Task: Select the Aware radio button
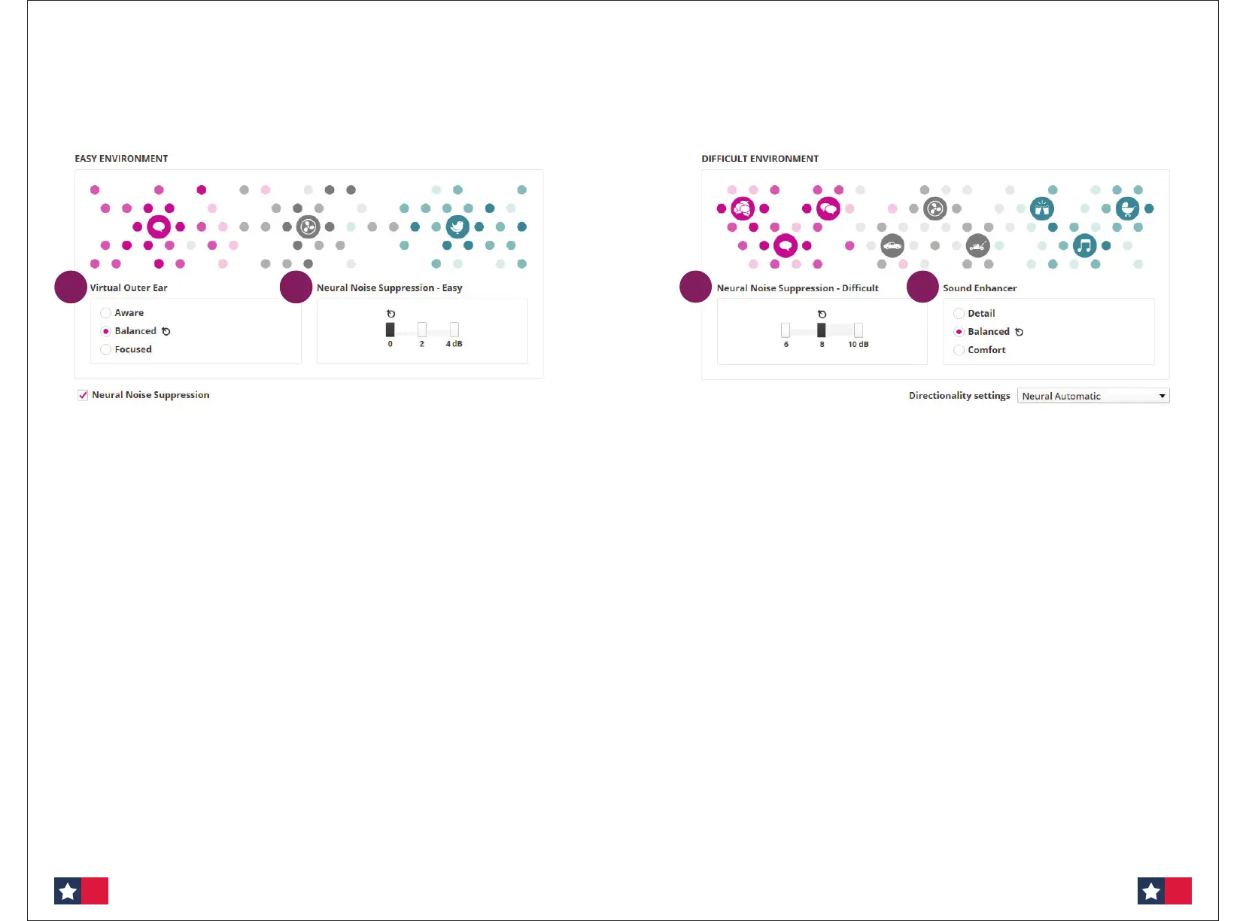click(x=106, y=313)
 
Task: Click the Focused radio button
click(x=106, y=350)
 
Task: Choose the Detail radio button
click(x=959, y=314)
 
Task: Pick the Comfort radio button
click(x=959, y=350)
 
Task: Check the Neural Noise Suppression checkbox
click(x=83, y=395)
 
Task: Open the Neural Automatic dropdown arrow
click(x=1162, y=396)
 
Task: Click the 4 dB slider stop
click(x=454, y=330)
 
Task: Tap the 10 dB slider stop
click(x=859, y=330)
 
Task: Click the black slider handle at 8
click(x=822, y=330)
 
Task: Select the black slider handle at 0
click(x=390, y=330)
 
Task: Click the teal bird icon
click(x=457, y=226)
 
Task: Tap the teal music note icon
click(x=1084, y=245)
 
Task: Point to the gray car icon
click(x=892, y=245)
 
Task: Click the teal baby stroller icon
click(x=1127, y=208)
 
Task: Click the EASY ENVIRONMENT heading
click(x=121, y=159)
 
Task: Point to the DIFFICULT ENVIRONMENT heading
click(x=760, y=159)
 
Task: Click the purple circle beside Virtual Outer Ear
click(x=71, y=287)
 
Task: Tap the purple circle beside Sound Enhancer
click(x=922, y=287)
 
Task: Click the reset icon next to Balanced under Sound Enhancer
click(x=1019, y=332)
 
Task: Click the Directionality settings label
click(x=959, y=396)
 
